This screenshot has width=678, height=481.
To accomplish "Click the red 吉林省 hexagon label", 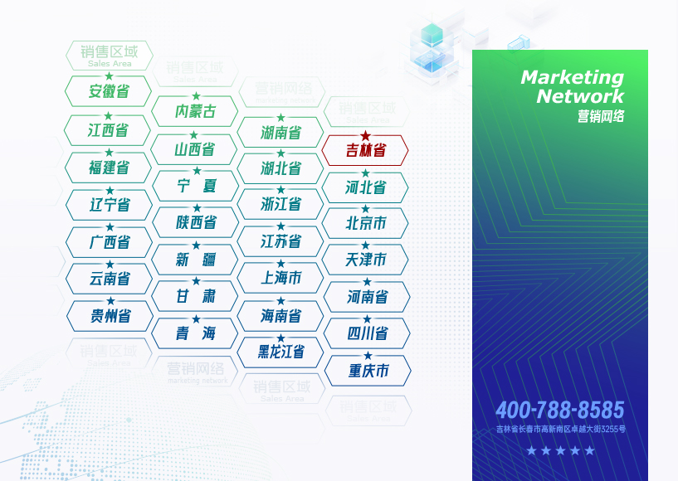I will click(x=365, y=151).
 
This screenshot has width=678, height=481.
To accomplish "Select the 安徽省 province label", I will click(x=109, y=92).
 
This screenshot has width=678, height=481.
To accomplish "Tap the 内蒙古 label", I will click(x=195, y=111).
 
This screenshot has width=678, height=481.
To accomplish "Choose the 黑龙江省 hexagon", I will click(x=280, y=352).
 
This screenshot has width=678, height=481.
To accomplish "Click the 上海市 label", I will click(x=280, y=278).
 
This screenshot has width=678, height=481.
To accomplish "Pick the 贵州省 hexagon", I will click(x=110, y=316).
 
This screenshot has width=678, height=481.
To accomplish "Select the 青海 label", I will click(x=195, y=333).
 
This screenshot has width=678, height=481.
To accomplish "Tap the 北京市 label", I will click(x=366, y=224).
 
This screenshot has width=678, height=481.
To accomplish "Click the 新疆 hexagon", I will click(x=195, y=260).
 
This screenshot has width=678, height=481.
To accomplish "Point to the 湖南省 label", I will click(x=280, y=133).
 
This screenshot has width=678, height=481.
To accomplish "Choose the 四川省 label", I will click(x=367, y=333).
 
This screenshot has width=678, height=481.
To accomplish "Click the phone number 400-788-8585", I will click(x=559, y=410).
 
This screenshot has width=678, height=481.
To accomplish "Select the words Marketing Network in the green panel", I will click(x=572, y=86).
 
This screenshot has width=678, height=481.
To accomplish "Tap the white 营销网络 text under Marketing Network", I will click(x=601, y=117).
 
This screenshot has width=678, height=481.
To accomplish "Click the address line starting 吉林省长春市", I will click(x=560, y=430).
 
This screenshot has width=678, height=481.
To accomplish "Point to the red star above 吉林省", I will click(x=365, y=135).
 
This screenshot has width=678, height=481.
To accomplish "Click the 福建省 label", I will click(x=109, y=168).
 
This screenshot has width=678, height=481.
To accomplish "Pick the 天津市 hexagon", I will click(x=366, y=260).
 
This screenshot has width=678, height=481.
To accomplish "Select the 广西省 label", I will click(x=110, y=242).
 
